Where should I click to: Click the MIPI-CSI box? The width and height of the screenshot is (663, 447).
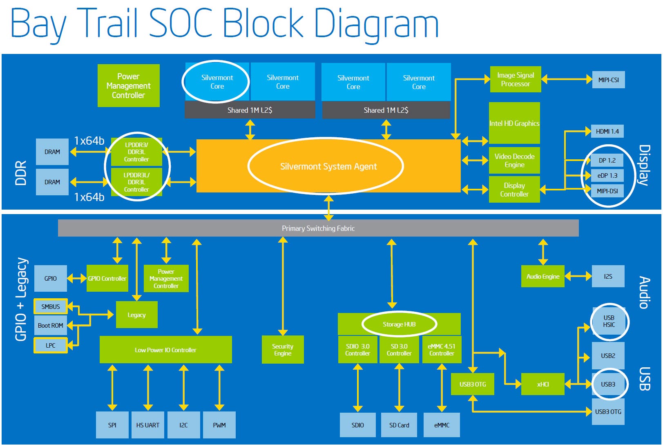608,80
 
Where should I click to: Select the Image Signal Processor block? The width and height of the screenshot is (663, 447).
515,79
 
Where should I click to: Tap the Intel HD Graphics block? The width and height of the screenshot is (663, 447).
514,123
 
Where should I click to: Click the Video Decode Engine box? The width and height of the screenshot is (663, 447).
514,161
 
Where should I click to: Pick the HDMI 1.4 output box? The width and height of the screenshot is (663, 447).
607,132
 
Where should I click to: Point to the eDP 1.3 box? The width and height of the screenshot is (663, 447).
607,176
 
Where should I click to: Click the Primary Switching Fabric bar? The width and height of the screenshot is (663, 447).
318,228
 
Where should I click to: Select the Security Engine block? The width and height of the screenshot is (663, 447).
283,350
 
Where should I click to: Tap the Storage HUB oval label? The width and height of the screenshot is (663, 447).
399,324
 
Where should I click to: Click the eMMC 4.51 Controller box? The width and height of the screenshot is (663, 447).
442,350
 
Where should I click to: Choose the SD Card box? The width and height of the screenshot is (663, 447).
399,425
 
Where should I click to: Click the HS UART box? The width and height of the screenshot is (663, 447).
148,425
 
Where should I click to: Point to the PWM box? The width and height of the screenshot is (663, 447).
219,425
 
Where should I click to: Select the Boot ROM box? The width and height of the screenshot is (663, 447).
51,326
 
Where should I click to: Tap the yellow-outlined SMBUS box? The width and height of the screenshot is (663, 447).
51,306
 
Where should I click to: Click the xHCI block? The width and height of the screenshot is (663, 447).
543,384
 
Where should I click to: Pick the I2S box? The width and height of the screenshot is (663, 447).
608,277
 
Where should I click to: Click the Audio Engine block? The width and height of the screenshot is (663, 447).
542,277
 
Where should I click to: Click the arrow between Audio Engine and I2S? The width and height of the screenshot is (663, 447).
578,277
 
